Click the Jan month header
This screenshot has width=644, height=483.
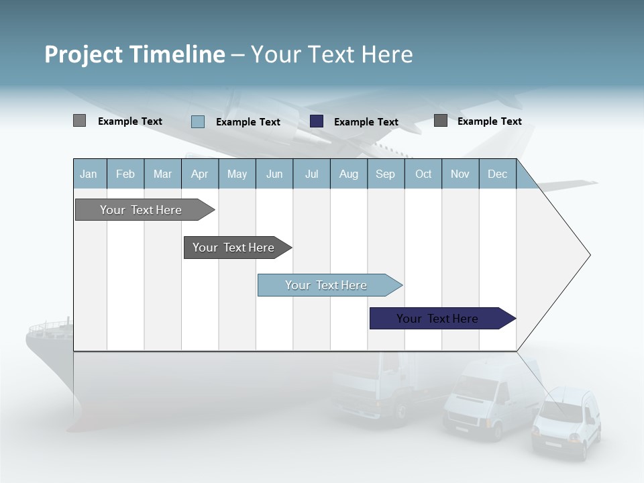click(x=89, y=174)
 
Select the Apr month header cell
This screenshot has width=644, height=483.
click(x=199, y=174)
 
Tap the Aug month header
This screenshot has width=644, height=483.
click(x=348, y=174)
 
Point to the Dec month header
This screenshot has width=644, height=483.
click(x=497, y=174)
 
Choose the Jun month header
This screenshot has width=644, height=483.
click(x=274, y=174)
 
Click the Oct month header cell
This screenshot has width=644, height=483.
click(x=423, y=174)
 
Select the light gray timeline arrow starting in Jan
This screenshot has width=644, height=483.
click(x=141, y=210)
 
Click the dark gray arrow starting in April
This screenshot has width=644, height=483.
click(x=233, y=248)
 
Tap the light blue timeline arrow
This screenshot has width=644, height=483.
click(x=326, y=285)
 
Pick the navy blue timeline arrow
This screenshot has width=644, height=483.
click(x=437, y=319)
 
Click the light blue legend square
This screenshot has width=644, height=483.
click(x=198, y=121)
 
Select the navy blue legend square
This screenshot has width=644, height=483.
click(x=317, y=121)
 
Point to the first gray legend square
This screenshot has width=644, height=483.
click(x=79, y=121)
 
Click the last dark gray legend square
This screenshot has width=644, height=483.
click(x=441, y=121)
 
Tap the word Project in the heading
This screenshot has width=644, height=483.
click(x=83, y=54)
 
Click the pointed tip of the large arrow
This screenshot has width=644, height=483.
click(x=588, y=255)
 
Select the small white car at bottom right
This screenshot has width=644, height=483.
click(x=566, y=424)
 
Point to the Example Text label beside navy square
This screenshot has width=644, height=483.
click(x=366, y=122)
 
